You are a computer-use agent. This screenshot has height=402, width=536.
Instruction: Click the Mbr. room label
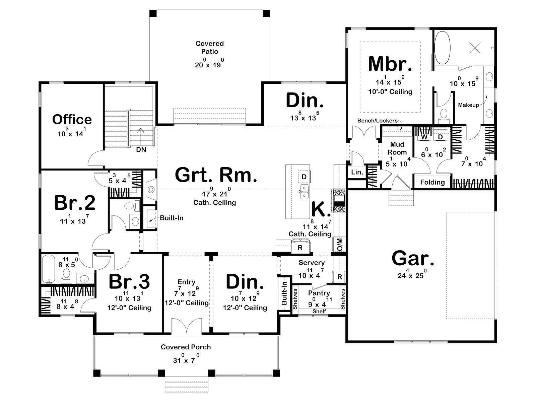(x=390, y=64)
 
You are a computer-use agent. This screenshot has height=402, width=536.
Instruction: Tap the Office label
(x=72, y=119)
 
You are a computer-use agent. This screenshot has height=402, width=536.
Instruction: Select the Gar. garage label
(x=413, y=258)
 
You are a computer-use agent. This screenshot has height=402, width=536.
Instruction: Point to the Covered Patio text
(x=209, y=47)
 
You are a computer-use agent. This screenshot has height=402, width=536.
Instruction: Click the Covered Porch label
(x=186, y=347)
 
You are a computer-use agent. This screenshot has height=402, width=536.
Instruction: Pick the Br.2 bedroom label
(x=75, y=203)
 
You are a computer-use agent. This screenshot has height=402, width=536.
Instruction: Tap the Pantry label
(x=319, y=293)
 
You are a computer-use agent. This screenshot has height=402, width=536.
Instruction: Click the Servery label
(x=312, y=263)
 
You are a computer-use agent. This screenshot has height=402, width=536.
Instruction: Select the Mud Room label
(x=397, y=148)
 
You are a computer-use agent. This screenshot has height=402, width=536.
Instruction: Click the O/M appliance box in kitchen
(x=340, y=244)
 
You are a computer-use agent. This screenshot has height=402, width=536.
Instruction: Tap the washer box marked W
(x=424, y=137)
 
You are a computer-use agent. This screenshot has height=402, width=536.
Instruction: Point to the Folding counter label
(x=432, y=182)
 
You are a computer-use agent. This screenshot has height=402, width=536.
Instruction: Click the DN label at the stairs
(x=141, y=149)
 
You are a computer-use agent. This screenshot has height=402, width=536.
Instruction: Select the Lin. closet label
(x=357, y=172)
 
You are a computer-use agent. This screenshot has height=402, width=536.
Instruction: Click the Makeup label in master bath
(x=468, y=105)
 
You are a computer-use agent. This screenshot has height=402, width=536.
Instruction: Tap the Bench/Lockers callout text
(x=377, y=120)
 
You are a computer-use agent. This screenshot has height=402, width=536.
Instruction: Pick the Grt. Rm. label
(x=216, y=175)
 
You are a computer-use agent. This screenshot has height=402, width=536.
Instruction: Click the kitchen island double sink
(x=304, y=192)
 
